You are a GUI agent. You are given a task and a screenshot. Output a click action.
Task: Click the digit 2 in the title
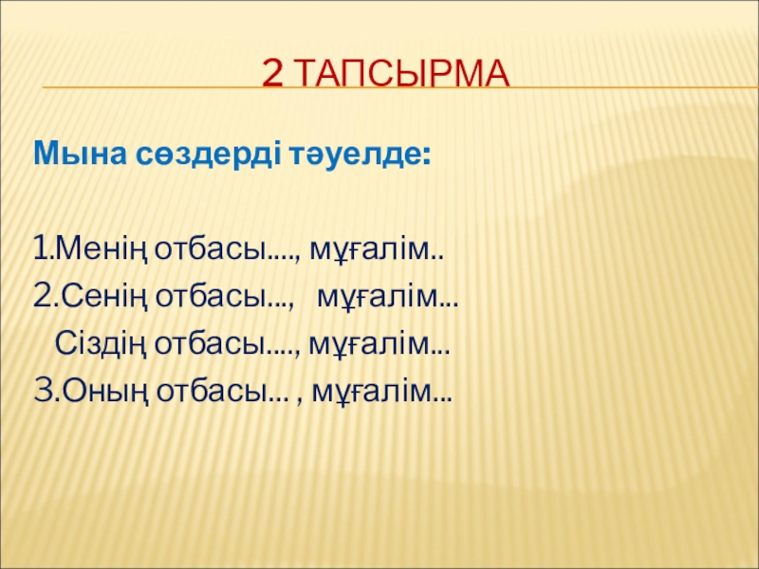(x=272, y=74)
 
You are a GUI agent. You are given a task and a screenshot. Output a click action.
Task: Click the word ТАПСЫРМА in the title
(x=401, y=74)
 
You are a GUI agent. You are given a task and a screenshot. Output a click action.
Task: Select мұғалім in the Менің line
(x=369, y=250)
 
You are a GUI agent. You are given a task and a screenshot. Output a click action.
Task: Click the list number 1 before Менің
(x=40, y=249)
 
